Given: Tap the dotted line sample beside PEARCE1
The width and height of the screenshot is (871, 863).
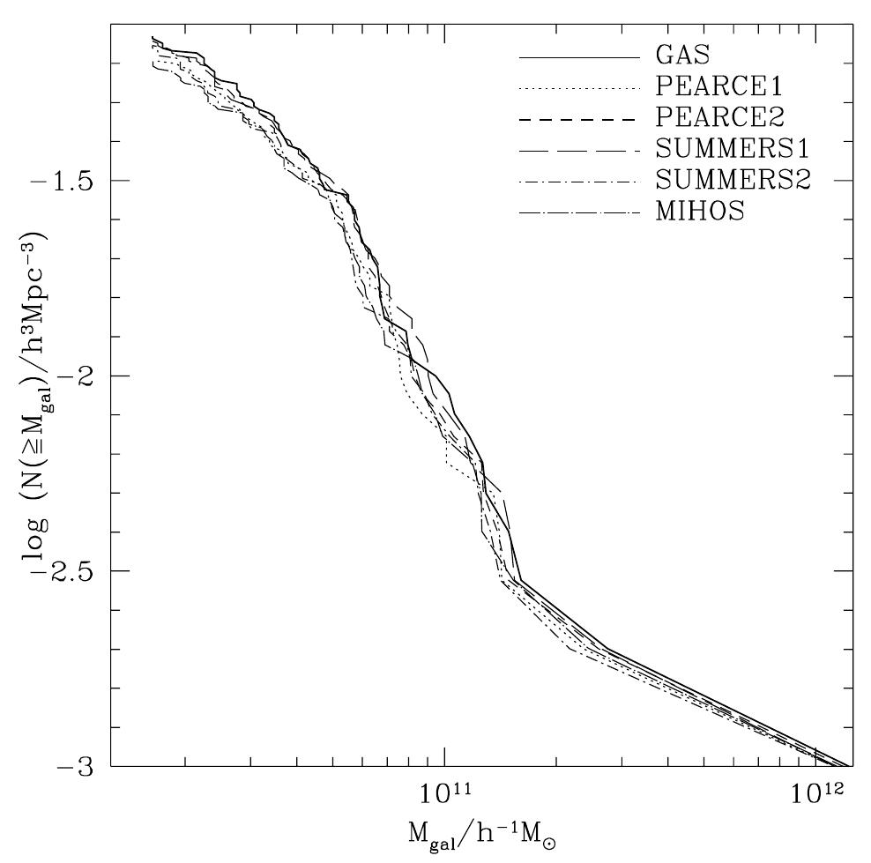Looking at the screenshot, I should click(x=578, y=88).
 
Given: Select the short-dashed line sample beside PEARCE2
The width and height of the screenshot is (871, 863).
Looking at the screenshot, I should click(x=578, y=119).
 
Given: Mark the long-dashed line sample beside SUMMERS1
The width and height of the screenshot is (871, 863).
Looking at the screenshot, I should click(x=578, y=150).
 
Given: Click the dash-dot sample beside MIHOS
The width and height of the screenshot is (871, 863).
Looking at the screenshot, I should click(x=578, y=212).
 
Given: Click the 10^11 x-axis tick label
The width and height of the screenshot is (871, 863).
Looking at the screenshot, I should click(x=446, y=792).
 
